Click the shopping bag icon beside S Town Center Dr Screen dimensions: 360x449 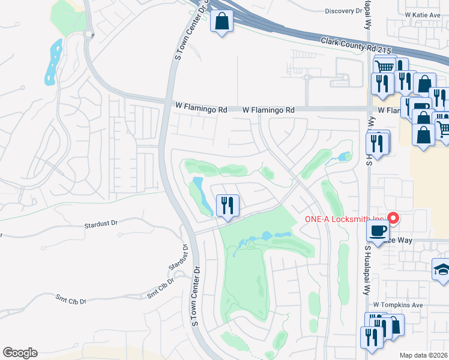221,22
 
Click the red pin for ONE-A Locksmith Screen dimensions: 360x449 394,218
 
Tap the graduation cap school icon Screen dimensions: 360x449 442,270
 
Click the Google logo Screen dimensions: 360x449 20,353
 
